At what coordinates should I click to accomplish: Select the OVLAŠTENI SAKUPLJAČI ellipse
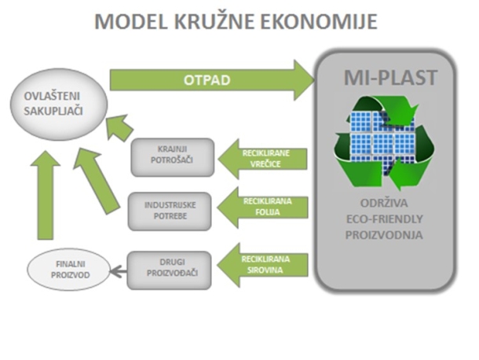pos(59,104)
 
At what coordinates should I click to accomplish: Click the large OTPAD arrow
pos(212,80)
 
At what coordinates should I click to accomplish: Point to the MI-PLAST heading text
pos(391,78)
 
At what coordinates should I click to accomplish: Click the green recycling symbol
pos(385,143)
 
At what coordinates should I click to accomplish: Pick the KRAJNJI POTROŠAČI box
pos(173,157)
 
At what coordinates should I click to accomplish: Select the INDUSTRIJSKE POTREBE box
pos(170,211)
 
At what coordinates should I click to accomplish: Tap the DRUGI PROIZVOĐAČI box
pos(169,270)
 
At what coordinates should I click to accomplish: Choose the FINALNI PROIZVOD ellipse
pos(68,270)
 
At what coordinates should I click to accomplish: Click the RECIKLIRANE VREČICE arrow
pos(263,159)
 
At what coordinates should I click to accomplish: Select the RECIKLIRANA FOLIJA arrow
pos(263,208)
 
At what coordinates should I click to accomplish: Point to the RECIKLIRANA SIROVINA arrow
pos(263,265)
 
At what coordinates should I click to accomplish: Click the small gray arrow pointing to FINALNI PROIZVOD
pos(118,271)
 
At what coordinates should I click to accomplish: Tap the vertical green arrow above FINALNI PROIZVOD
pos(46,195)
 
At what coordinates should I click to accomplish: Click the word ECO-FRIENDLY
pos(384,219)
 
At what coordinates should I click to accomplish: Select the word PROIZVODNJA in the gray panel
pos(384,235)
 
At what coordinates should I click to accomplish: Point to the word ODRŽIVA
pos(384,203)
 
